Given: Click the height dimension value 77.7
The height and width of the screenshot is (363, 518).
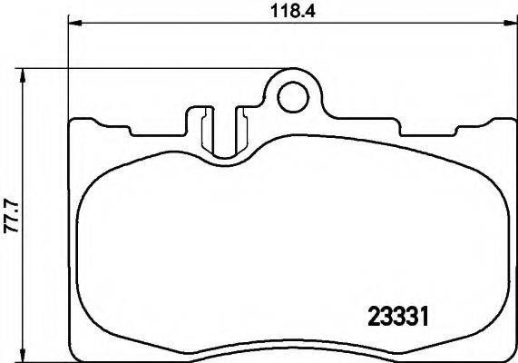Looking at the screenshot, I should coord(12,216).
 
